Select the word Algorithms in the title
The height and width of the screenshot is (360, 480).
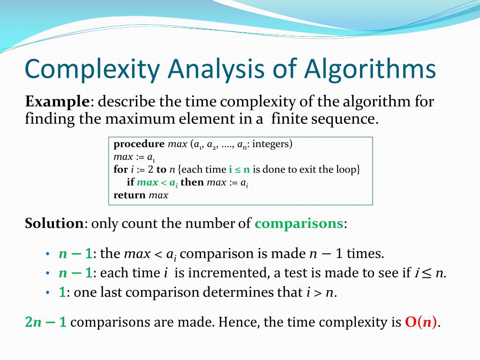point(370,69)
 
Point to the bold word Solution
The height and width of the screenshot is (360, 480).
point(54,224)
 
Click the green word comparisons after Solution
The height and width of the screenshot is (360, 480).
point(299,224)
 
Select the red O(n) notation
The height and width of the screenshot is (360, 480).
point(422,322)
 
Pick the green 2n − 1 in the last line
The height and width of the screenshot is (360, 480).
point(45,322)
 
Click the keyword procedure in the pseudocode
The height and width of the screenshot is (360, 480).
point(139,144)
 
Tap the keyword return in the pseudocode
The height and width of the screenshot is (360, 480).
point(129,195)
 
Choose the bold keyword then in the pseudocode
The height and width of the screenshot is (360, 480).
point(192,182)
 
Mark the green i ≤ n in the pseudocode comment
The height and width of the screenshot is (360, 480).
point(239,170)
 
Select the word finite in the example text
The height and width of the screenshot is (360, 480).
point(286,119)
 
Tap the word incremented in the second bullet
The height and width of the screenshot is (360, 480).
point(220,273)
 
